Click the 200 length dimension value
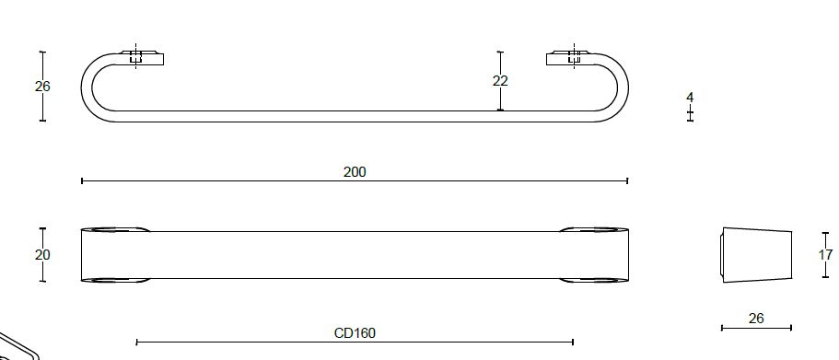[x=355, y=172]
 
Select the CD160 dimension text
[x=355, y=332]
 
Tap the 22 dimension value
[x=500, y=81]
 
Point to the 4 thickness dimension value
[x=690, y=97]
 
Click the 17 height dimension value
[x=825, y=255]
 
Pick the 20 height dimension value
[x=42, y=255]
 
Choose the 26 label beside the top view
[x=42, y=87]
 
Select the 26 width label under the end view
[x=756, y=319]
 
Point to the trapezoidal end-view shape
[x=756, y=254]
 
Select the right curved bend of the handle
[x=620, y=87]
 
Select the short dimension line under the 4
[x=690, y=114]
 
